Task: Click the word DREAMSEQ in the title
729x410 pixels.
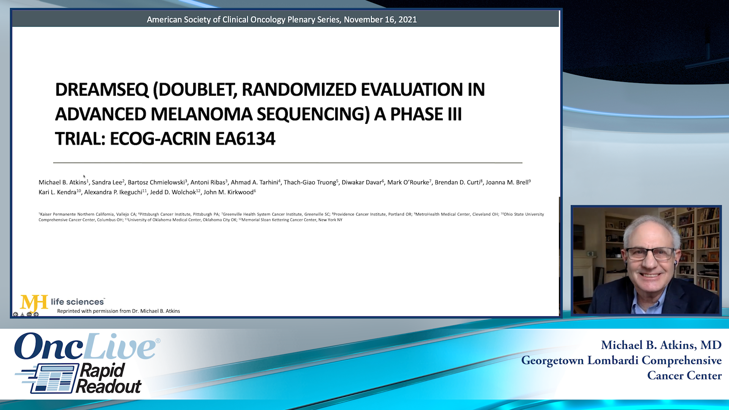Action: (102, 90)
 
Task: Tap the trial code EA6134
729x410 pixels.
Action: (245, 139)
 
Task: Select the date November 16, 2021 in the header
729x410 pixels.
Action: (380, 19)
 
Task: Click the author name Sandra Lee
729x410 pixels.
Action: (107, 183)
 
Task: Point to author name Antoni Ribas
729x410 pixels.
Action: (208, 183)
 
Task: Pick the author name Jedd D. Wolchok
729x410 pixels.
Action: (173, 192)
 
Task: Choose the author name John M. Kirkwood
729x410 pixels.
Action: (229, 192)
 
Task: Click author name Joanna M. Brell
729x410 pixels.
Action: (507, 183)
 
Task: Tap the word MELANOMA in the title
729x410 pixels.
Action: (201, 114)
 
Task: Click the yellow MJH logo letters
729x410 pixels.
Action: (33, 303)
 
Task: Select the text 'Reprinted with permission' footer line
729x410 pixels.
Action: (118, 311)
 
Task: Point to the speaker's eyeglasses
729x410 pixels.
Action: (650, 254)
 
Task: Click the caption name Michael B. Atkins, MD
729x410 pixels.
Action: (661, 345)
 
